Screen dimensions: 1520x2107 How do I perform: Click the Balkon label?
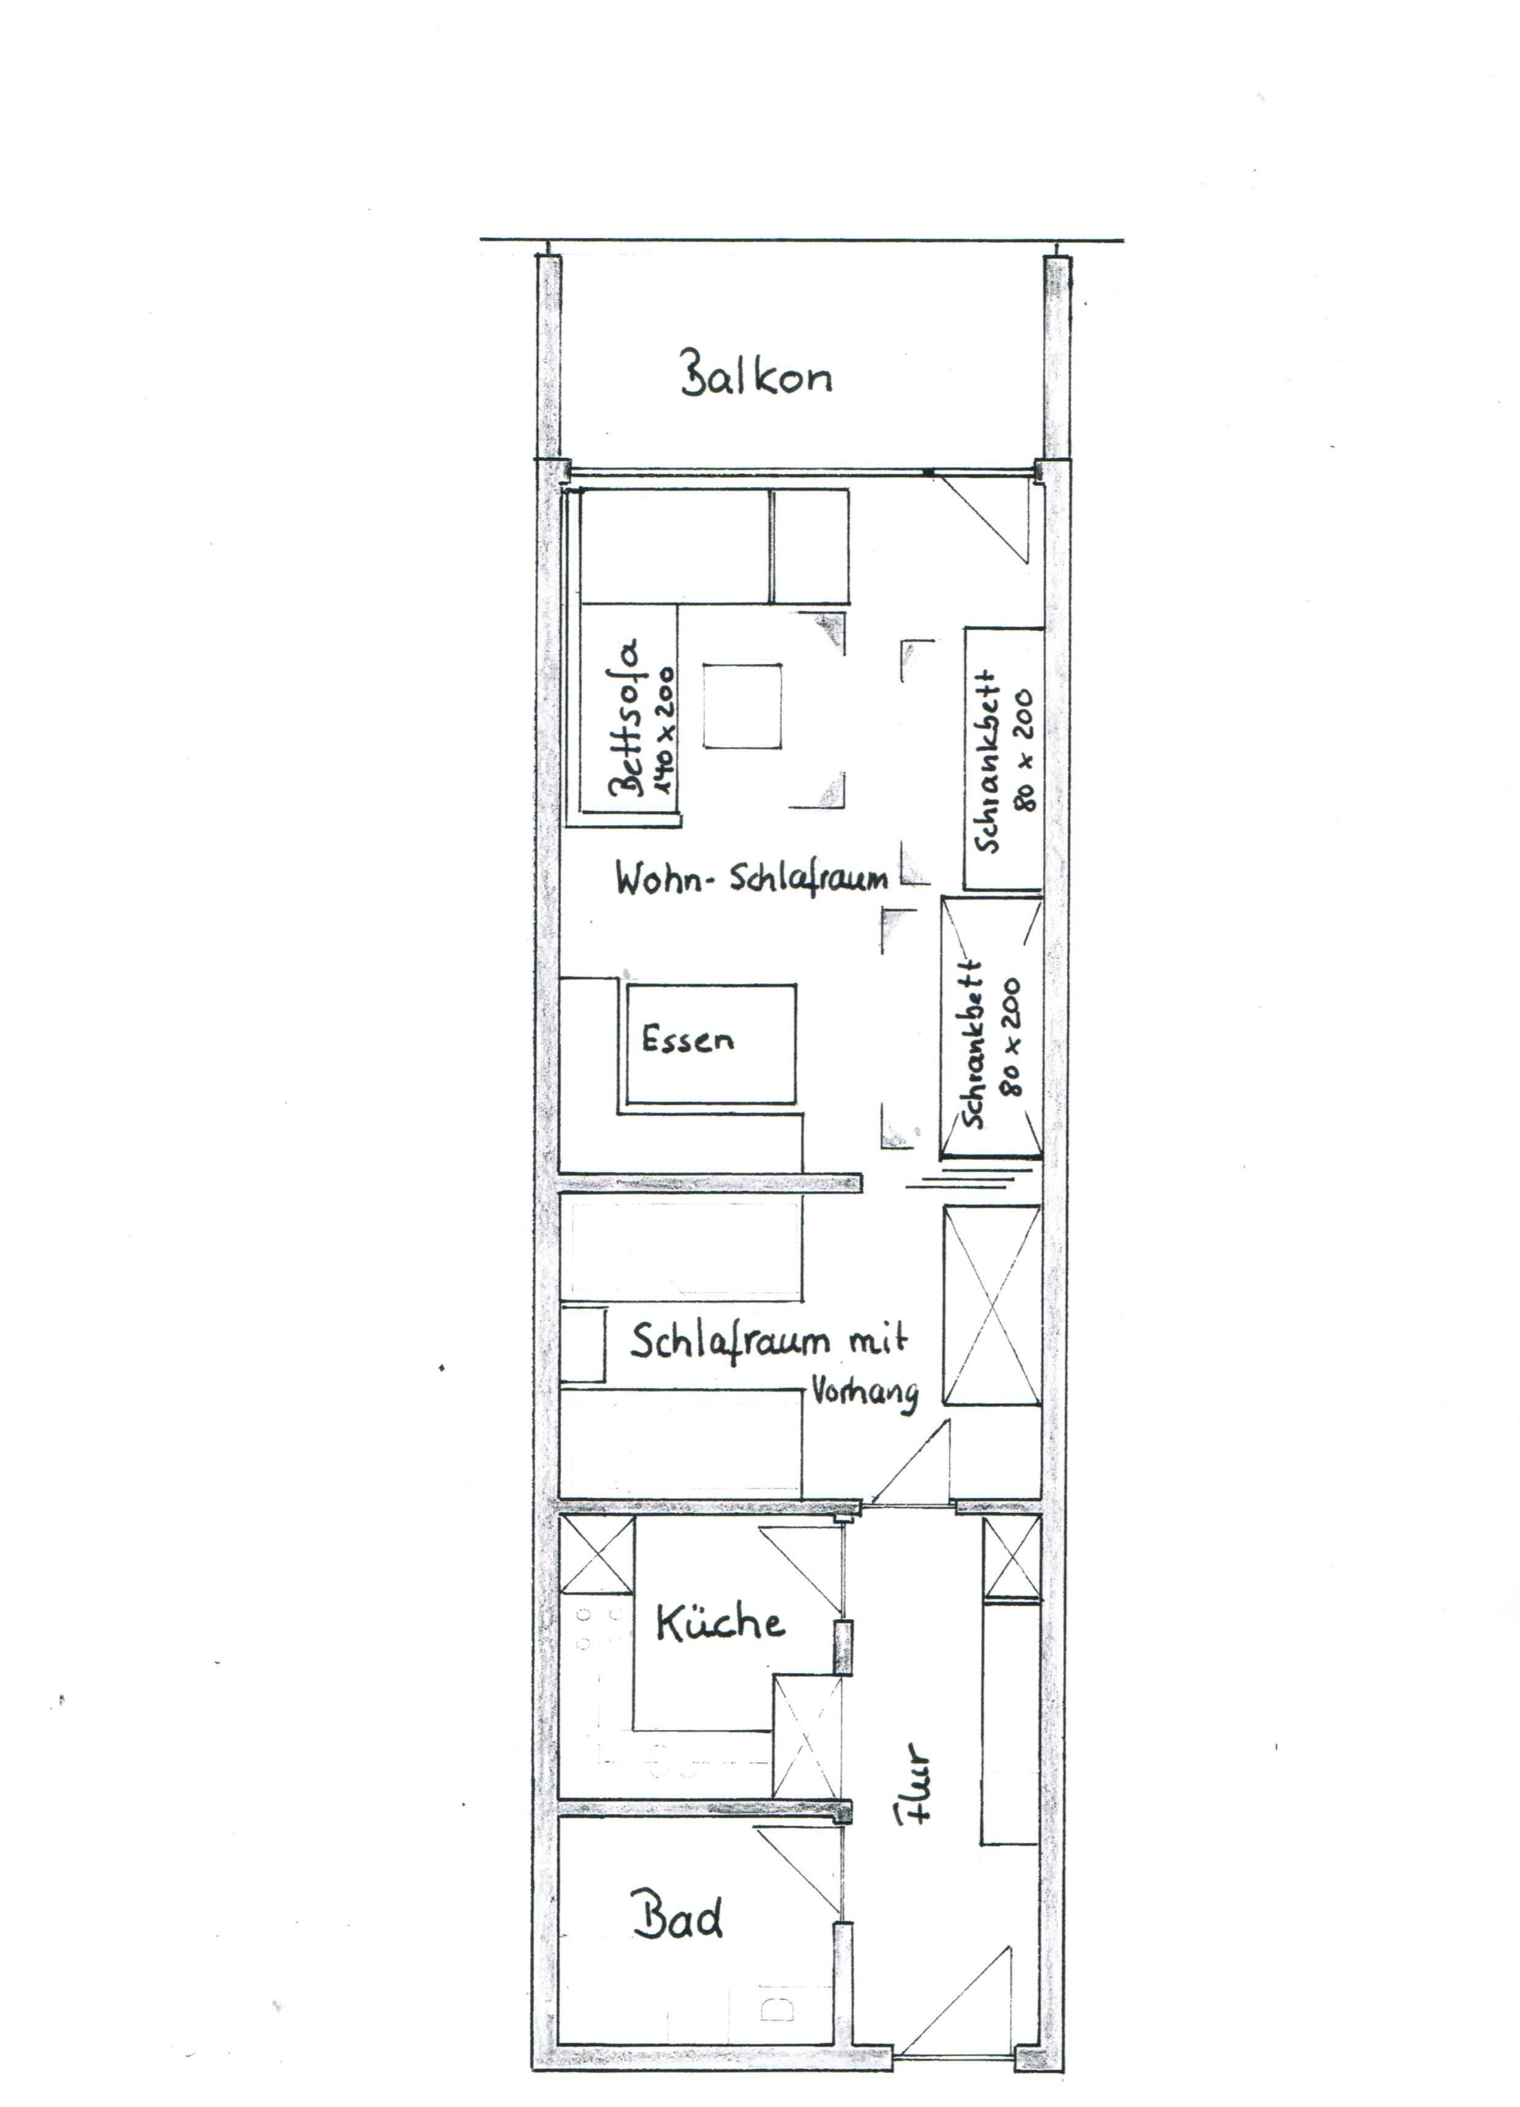tap(756, 375)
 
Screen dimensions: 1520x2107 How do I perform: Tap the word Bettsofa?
tap(625, 717)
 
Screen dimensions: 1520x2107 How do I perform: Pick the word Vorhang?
tap(864, 1393)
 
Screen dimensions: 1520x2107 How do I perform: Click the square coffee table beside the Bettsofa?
tap(742, 705)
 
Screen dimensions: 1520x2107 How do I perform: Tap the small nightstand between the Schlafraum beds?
tap(582, 1343)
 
